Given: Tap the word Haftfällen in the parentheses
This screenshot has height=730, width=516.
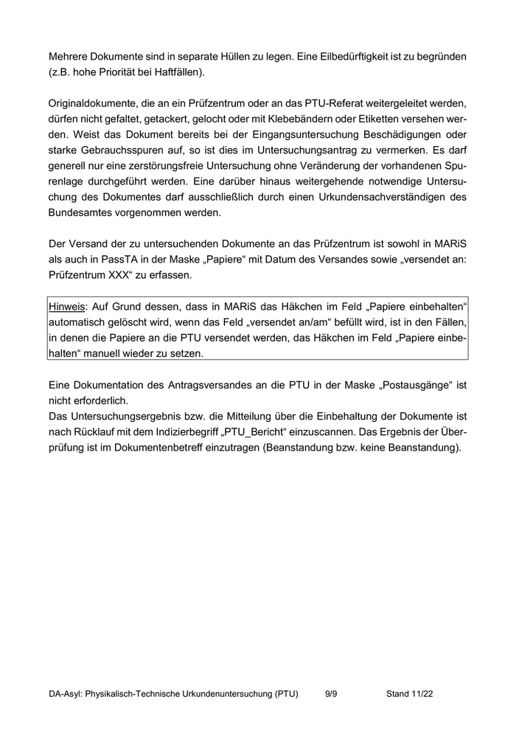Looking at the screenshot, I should tap(178, 73).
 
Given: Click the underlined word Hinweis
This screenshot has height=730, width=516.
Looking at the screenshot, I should tap(68, 306).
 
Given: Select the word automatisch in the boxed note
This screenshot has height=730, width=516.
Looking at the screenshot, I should tap(81, 322).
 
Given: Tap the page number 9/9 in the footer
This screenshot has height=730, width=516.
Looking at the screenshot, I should tap(330, 694).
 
